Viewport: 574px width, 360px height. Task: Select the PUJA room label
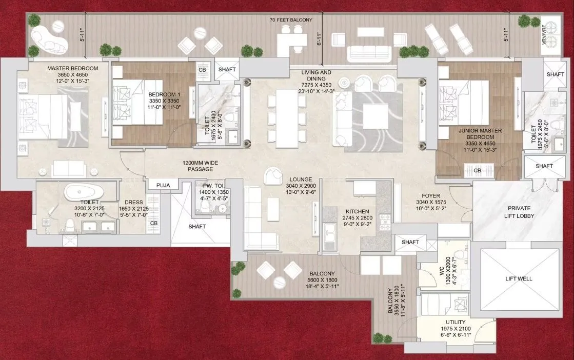click(x=163, y=185)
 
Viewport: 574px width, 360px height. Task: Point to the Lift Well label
click(x=519, y=279)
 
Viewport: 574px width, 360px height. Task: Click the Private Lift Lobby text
click(x=519, y=212)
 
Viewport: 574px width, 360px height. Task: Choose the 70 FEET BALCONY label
click(x=291, y=20)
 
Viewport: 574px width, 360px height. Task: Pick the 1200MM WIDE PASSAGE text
click(x=200, y=166)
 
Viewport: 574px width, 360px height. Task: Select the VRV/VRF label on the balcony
click(x=544, y=35)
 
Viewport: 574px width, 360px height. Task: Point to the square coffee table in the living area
click(x=375, y=116)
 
